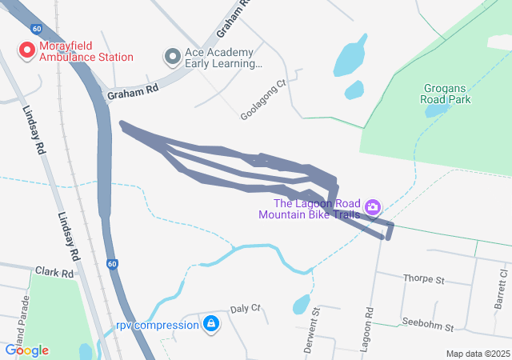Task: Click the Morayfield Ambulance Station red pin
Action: coord(26,51)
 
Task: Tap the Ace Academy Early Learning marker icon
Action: coord(172,57)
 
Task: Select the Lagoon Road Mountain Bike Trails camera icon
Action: coord(372,208)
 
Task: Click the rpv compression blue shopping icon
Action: coord(210,324)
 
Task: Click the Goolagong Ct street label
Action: coord(262,100)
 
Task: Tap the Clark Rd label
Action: coord(54,273)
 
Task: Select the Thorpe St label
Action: coord(424,279)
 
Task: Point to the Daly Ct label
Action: coord(246,308)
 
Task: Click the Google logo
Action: coord(26,350)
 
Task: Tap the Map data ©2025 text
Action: coord(478,354)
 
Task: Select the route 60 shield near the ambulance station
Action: coord(37,29)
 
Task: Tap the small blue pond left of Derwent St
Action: coord(301,305)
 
